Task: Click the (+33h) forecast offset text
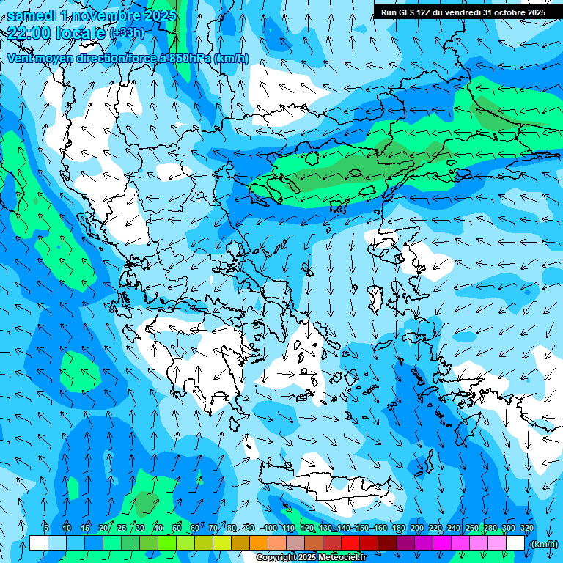(x=127, y=33)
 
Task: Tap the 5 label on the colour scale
(x=46, y=528)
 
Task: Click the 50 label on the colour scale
(x=177, y=528)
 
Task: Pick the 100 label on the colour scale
(x=271, y=528)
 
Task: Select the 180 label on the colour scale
(x=399, y=528)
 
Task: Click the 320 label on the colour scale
(x=527, y=528)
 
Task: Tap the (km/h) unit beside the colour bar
(x=543, y=544)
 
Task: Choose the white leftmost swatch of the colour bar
(x=39, y=543)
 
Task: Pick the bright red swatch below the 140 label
(x=350, y=543)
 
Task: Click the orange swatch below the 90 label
(x=259, y=543)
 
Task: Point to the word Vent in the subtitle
(x=21, y=58)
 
